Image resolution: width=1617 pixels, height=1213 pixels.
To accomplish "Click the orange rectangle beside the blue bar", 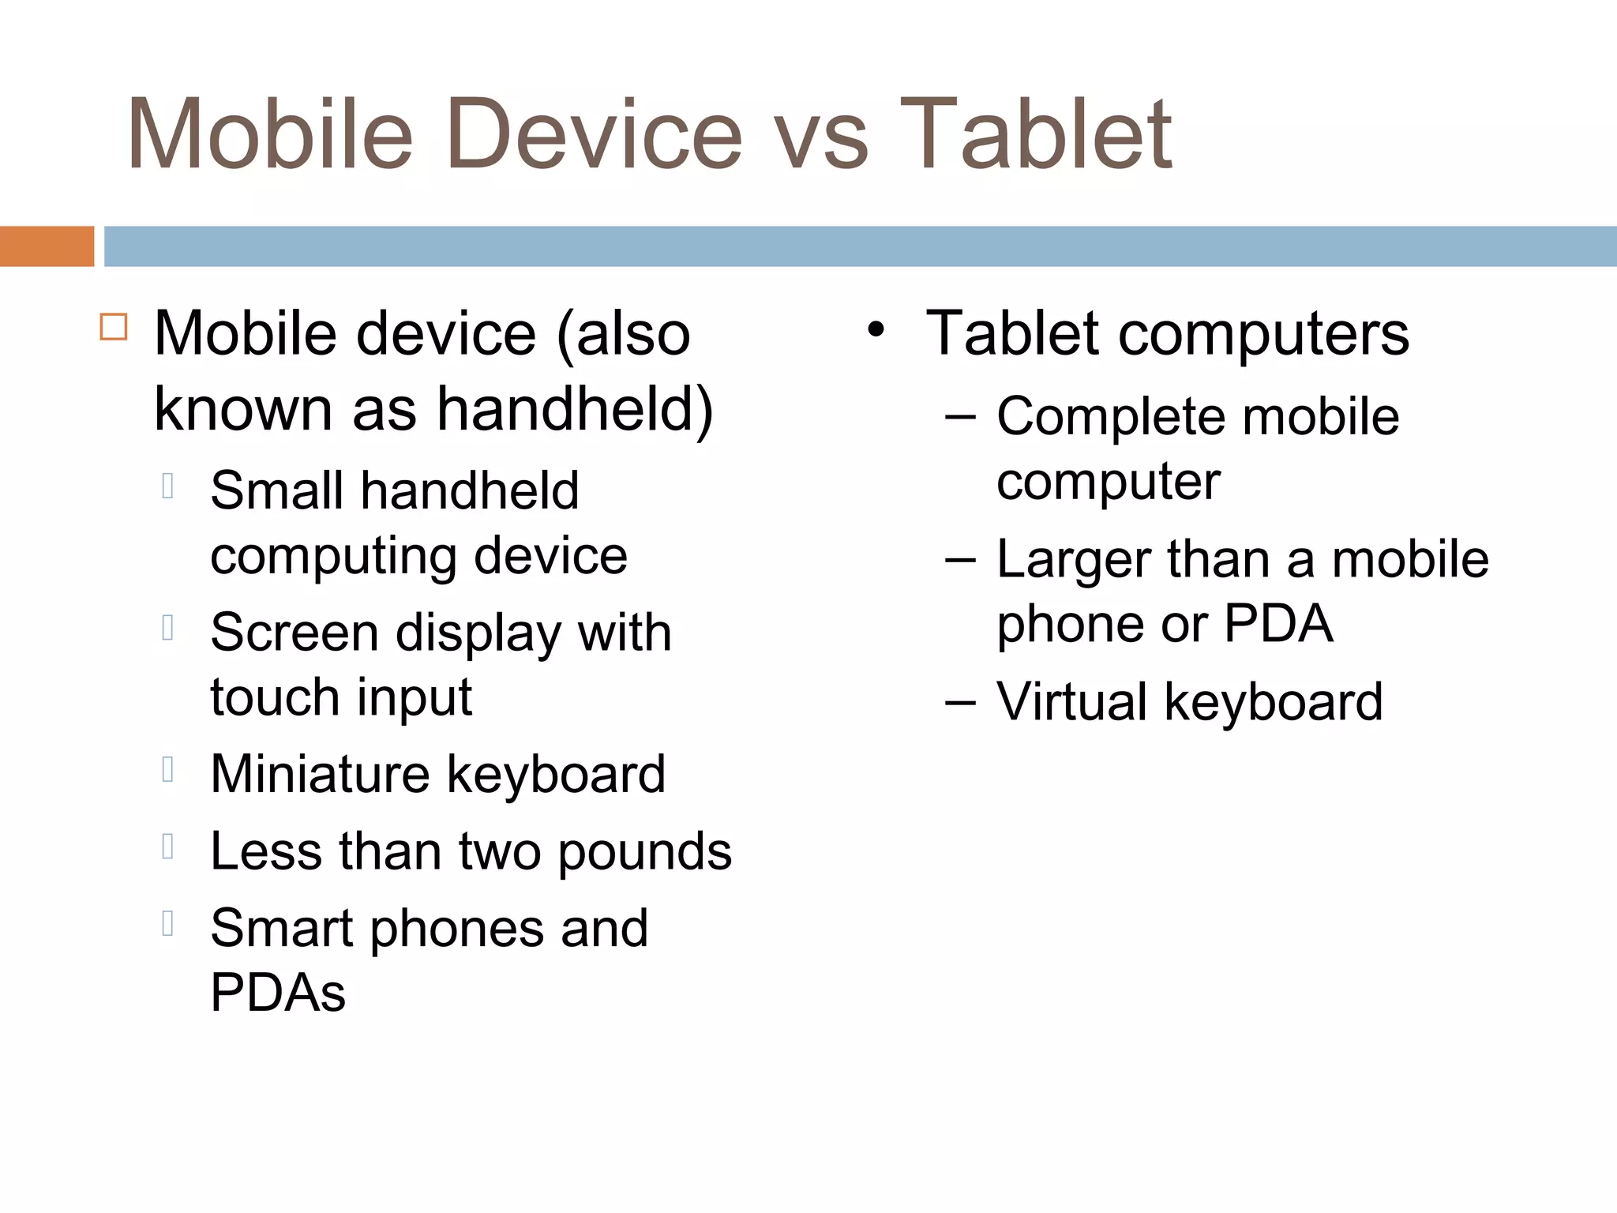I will pos(47,246).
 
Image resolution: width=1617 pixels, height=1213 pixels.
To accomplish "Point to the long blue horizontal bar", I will pos(860,246).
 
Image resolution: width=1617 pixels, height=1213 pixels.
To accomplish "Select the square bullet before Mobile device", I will pos(114,327).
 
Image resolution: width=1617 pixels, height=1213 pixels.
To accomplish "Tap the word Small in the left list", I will pos(276,490).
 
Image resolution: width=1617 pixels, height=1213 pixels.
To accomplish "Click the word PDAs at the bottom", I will pos(278,993).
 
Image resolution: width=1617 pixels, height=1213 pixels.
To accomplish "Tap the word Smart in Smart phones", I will pos(281,928).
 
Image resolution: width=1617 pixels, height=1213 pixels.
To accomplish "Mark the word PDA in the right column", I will pos(1278,624).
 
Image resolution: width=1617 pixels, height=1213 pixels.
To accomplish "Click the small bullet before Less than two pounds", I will pos(167,847).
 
